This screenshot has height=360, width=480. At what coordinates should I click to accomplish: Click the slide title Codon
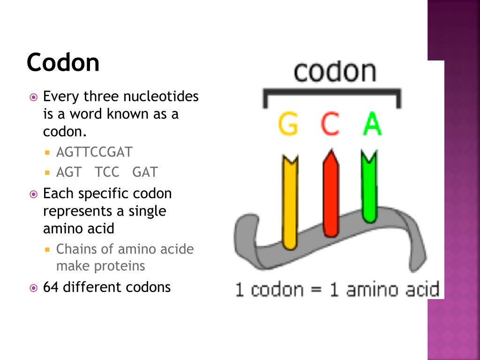coord(63,62)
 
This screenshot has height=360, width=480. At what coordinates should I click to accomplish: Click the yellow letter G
coord(288,124)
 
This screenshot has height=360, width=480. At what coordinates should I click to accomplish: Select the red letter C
coord(330,124)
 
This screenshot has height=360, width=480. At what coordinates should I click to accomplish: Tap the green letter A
coord(373,124)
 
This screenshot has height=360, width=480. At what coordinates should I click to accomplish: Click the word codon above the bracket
coord(335,71)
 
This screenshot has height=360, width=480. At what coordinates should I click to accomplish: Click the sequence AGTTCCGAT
coord(94,152)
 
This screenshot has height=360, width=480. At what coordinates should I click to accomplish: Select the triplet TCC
coord(107,172)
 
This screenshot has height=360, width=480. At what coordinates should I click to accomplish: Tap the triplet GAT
coord(145,172)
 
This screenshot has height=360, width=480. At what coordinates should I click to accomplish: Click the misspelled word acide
coord(178,249)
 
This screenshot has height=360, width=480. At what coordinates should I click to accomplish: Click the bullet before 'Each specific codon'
coord(33,194)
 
